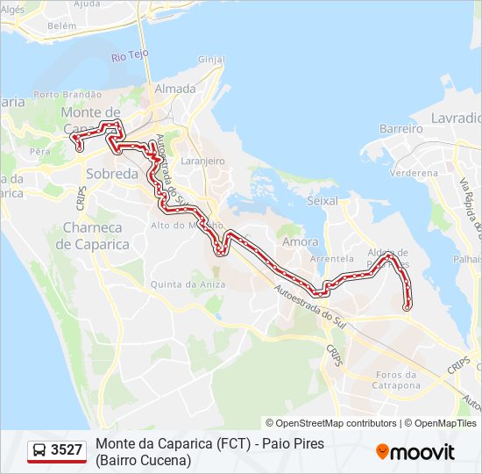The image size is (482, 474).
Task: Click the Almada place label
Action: pos(174,89)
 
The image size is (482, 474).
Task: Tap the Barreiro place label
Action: pos(401,128)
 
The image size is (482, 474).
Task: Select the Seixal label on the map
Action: pos(323,201)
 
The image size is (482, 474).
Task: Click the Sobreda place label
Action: pos(112,174)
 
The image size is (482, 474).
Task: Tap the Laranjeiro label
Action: pos(202,162)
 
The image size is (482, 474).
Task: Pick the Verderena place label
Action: pos(414,173)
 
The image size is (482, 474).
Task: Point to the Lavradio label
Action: pos(457,118)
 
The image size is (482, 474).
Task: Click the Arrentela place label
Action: pos(332,259)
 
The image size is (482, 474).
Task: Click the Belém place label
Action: pos(62,26)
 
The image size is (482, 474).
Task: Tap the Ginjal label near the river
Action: pos(211,60)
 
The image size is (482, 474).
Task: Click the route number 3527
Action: pos(67,450)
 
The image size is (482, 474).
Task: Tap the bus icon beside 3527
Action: pos(39,450)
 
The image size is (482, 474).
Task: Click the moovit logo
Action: pos(415,452)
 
